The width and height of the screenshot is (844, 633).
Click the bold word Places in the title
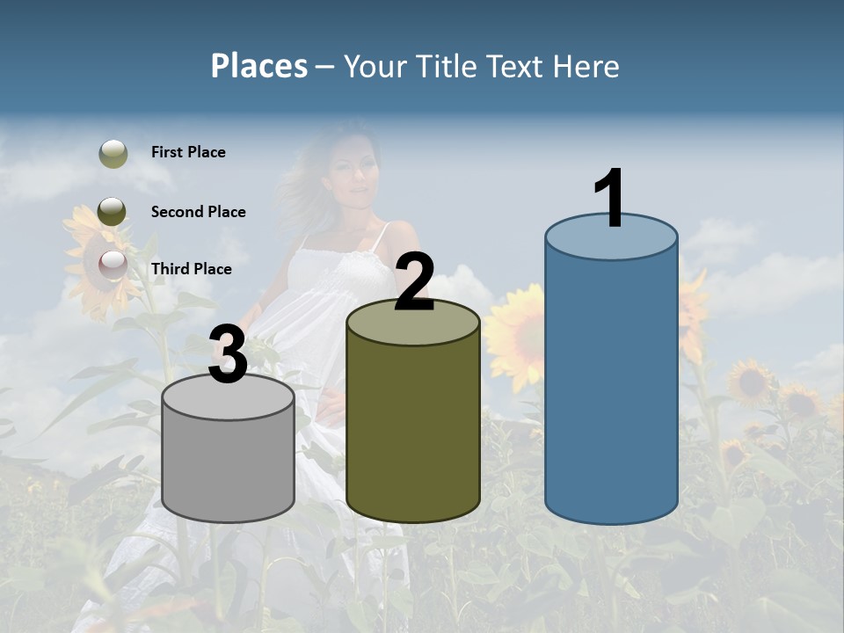click(259, 66)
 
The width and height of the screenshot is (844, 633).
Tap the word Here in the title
click(586, 66)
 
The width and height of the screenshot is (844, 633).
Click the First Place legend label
click(188, 152)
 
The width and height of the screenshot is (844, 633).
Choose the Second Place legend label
click(198, 212)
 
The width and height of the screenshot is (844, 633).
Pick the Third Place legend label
click(191, 269)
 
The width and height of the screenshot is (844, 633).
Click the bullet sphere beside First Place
click(113, 154)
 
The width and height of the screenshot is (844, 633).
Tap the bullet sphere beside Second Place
click(112, 212)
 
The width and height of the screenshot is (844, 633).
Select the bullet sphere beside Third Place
click(113, 265)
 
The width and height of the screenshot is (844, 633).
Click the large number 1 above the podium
click(609, 199)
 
